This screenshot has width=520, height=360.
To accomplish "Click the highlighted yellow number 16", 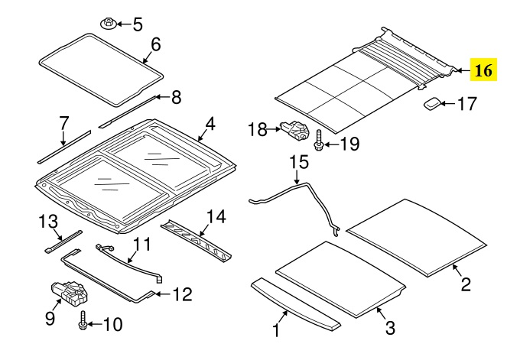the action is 483,70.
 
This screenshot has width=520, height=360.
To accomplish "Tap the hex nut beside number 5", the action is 108,24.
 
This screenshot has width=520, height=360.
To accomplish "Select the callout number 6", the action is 155,44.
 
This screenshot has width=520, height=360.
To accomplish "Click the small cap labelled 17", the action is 431,103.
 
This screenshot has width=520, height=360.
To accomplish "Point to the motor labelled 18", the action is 294,130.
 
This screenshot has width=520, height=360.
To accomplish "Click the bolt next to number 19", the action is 319,141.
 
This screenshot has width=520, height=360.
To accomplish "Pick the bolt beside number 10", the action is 83,321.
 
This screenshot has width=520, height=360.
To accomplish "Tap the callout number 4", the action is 210,125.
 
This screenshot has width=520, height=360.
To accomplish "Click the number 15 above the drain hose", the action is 299,163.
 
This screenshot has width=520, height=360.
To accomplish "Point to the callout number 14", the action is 216,217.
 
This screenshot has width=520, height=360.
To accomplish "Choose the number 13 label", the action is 48,222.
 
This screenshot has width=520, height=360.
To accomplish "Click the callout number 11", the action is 141,245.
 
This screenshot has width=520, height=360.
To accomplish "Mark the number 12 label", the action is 182,294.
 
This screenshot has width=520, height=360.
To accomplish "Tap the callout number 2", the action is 466,284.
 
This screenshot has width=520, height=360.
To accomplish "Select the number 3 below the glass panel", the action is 390,327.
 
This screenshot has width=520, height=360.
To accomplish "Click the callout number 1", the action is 276,330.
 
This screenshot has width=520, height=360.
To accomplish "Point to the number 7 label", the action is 63,123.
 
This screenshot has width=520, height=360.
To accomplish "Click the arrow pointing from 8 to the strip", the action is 162,97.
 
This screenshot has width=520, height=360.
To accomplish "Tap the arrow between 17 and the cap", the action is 447,104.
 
